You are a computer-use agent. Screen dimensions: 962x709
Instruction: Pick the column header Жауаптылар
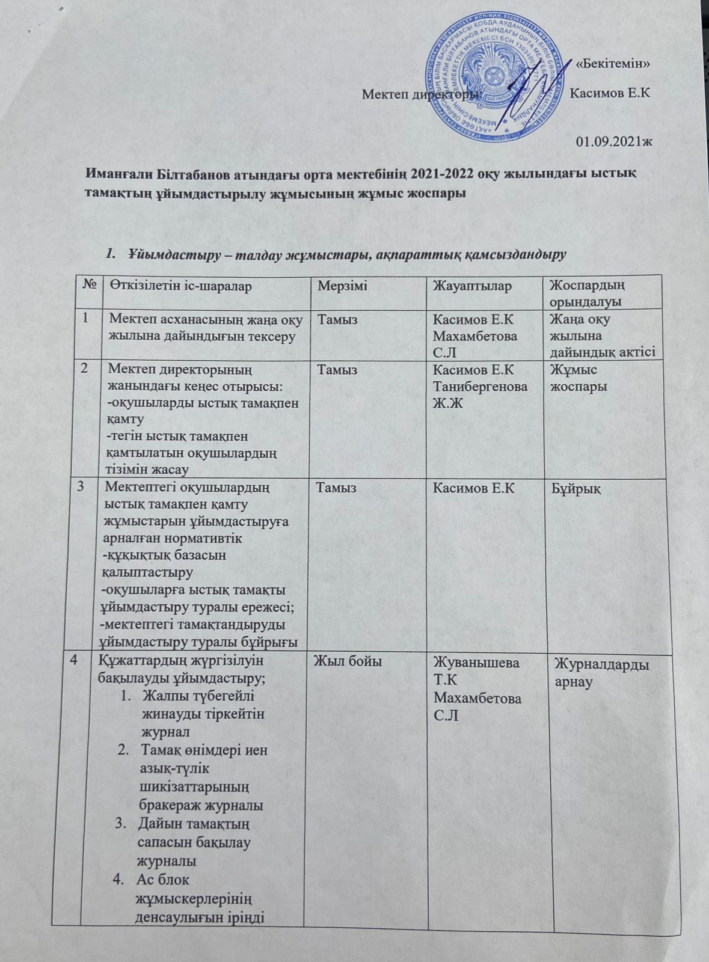pos(472,286)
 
